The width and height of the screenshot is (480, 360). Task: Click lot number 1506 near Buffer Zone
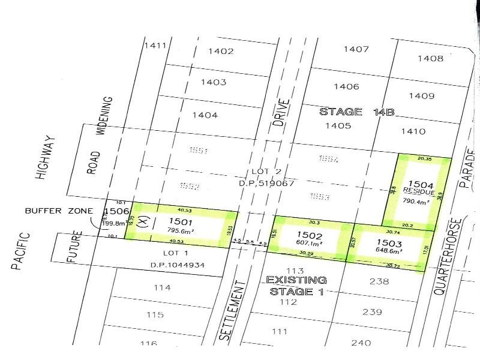pos(116,212)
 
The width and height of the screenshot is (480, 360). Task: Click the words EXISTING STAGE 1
pos(296,286)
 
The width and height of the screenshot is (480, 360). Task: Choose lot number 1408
pos(433,58)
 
